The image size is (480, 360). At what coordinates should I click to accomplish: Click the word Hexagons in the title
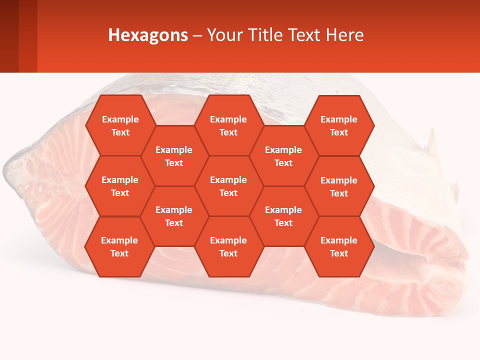coord(148,35)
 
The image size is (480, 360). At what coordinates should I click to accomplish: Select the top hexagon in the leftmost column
coord(120,125)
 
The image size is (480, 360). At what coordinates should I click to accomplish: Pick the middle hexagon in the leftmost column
coord(120,186)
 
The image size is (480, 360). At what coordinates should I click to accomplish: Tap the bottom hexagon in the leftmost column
coord(119,246)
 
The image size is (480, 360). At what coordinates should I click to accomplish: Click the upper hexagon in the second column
coord(174,156)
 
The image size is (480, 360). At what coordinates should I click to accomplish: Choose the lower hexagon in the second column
coord(174,216)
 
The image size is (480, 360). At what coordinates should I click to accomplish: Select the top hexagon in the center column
coord(228,125)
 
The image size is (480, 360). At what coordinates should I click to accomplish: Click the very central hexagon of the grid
coord(228,186)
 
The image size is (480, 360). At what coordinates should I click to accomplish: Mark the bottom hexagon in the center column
coord(228,246)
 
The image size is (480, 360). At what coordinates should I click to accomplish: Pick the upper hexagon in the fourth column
coord(283,156)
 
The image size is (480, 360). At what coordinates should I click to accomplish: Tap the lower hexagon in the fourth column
coord(283,216)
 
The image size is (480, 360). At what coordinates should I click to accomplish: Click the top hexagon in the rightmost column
coord(339,125)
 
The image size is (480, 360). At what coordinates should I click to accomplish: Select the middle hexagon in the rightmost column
coord(339,186)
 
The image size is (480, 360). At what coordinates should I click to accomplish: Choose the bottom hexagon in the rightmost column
coord(339,246)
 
